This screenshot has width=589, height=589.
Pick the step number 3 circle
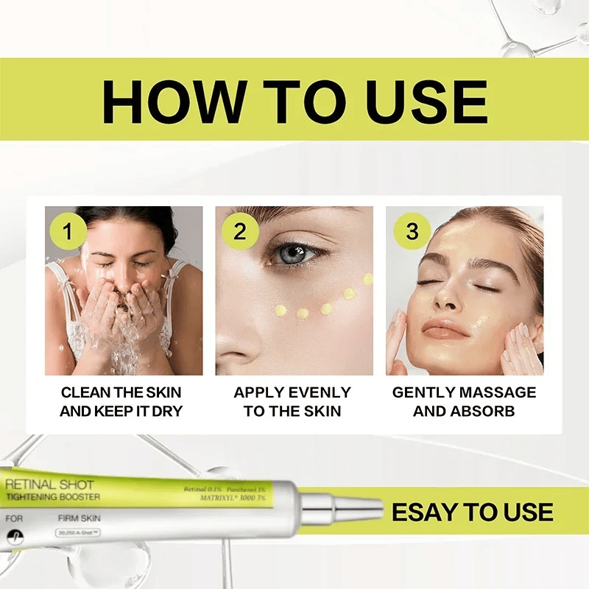coord(412,231)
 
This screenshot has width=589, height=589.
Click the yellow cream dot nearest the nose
coord(281,310)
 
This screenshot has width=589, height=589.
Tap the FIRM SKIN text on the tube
coord(79,518)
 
